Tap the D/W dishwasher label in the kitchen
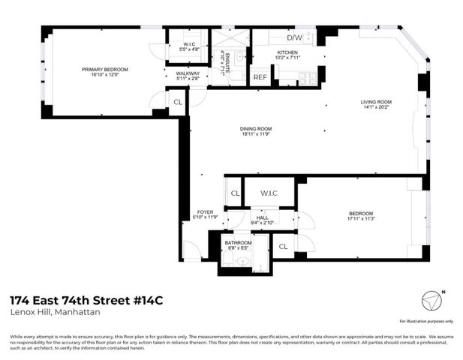(296, 36)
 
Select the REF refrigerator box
(260, 77)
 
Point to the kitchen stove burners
(306, 76)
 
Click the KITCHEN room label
(267, 52)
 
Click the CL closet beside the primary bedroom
(177, 103)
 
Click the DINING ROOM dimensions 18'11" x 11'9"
(255, 134)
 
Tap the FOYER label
(205, 212)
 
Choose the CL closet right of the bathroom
(284, 246)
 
